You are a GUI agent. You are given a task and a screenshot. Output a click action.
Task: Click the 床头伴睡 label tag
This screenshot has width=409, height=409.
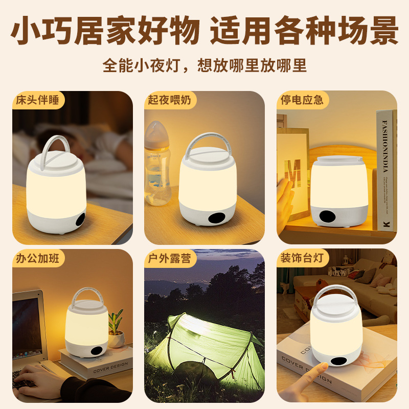point(38,99)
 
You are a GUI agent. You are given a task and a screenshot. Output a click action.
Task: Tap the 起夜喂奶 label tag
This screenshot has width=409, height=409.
point(169,99)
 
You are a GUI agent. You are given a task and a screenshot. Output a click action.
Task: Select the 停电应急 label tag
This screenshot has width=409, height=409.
point(302,99)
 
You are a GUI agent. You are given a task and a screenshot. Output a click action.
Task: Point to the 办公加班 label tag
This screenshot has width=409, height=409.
point(38,258)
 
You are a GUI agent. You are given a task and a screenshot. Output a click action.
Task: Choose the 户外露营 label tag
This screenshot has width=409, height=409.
point(169,258)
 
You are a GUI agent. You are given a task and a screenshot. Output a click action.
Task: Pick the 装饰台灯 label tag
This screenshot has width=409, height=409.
point(302,258)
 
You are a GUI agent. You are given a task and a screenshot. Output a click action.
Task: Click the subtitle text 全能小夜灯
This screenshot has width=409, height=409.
point(139,66)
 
